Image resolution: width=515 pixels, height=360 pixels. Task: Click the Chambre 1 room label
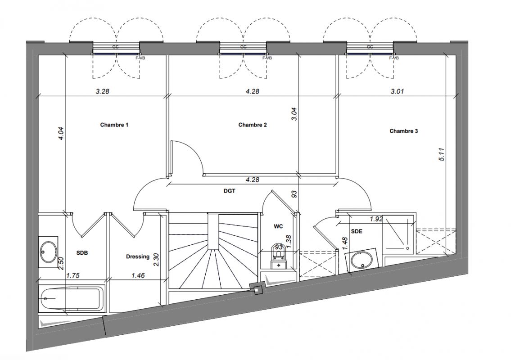[x=114, y=125]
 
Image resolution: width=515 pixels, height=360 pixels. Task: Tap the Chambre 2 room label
[x=253, y=125]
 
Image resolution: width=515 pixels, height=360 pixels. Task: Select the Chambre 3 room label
[x=404, y=131]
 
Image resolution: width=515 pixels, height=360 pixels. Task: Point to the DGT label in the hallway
[x=230, y=191]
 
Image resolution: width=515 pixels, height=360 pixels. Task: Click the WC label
[x=278, y=226]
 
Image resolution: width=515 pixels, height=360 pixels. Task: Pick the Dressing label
[x=138, y=256]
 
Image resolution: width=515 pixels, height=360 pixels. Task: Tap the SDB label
[x=82, y=253]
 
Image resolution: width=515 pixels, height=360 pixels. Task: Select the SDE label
[x=357, y=231]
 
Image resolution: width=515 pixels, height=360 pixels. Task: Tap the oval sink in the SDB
[x=48, y=252]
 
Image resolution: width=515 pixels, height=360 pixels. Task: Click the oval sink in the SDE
[x=362, y=261]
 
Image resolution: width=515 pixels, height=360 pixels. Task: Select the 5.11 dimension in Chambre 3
[x=442, y=155]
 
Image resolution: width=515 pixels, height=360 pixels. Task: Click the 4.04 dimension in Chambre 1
[x=62, y=134]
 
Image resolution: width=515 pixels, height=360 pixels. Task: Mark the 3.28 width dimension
[x=103, y=91]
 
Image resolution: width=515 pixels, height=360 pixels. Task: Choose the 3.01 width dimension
[x=397, y=91]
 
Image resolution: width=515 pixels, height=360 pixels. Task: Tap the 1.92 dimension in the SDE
[x=376, y=219]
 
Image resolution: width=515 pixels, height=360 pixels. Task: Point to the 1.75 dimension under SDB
[x=73, y=275]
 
